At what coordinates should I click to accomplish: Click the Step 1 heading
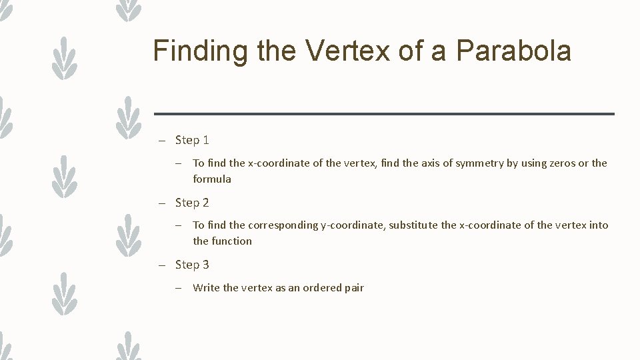tap(192, 140)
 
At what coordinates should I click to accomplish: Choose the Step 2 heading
tap(192, 203)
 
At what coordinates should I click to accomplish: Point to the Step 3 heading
tap(192, 265)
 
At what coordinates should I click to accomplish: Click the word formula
tap(212, 179)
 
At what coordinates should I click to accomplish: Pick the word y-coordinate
tap(352, 225)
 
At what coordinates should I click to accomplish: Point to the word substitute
tap(413, 225)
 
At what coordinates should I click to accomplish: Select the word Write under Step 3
tap(206, 288)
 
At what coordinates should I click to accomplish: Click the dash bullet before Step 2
tap(161, 203)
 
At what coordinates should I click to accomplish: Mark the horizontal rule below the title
tap(384, 114)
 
